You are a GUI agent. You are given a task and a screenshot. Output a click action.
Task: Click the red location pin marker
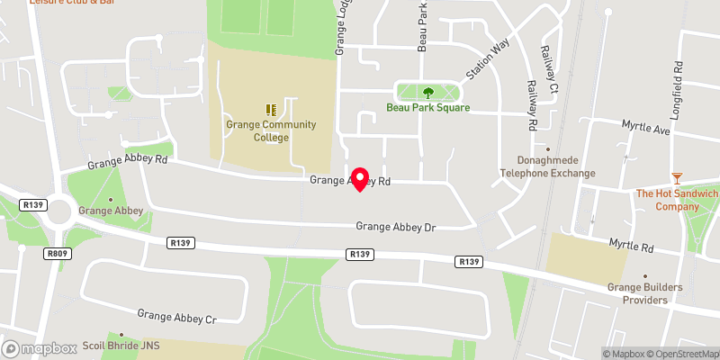(x=360, y=178)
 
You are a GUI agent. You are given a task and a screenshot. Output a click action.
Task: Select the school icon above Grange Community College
(x=271, y=109)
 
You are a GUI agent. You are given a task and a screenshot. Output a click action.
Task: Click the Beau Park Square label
(x=428, y=107)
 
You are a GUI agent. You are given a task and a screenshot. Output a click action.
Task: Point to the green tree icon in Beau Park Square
(x=428, y=92)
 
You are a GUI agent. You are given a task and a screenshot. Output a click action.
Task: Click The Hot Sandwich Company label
(x=677, y=200)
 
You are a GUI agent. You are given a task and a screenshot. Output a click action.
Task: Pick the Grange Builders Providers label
(x=645, y=293)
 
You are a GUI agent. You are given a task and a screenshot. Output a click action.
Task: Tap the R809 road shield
(x=56, y=254)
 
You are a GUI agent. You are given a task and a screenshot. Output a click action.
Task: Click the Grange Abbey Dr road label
(x=395, y=229)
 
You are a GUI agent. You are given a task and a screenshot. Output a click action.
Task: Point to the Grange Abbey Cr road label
(x=177, y=316)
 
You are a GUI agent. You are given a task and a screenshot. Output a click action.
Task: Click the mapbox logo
(x=40, y=348)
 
